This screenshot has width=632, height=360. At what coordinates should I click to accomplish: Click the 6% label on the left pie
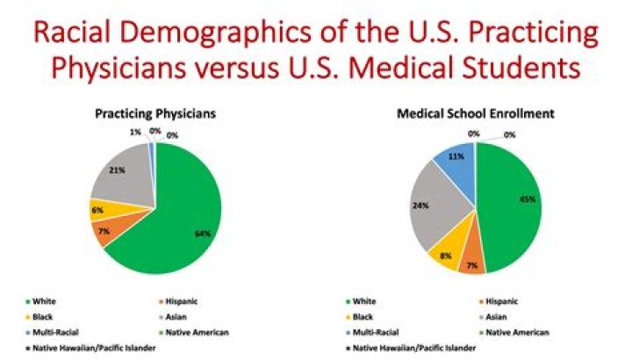[98, 211]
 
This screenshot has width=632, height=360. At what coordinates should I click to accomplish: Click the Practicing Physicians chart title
[155, 113]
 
